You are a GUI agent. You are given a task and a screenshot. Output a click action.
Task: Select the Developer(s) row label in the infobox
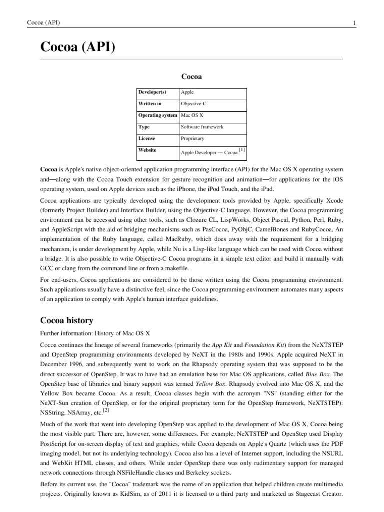click(152, 92)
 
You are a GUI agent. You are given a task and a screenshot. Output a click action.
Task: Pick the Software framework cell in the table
click(202, 127)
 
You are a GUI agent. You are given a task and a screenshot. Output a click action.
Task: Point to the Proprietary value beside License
click(193, 138)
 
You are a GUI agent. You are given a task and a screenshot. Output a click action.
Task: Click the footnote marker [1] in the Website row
click(242, 149)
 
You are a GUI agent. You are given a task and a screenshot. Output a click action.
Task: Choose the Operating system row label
click(157, 115)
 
